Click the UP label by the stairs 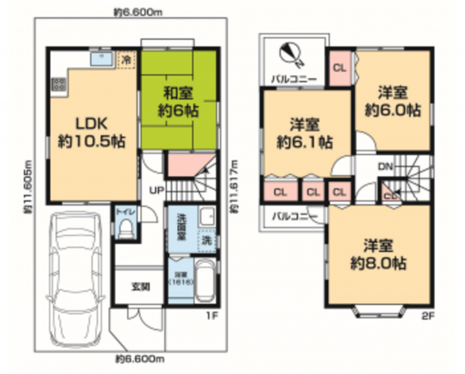point(155,189)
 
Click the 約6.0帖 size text point(393,111)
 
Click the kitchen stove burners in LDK point(59,85)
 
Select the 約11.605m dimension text point(27,187)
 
